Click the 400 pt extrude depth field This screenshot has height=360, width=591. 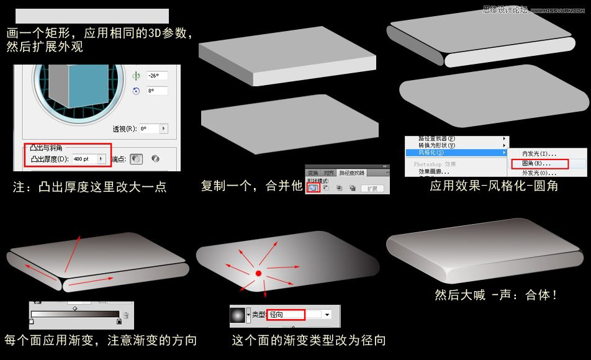click(x=83, y=160)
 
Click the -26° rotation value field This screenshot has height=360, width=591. click(x=157, y=76)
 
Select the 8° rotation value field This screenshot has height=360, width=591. click(x=157, y=91)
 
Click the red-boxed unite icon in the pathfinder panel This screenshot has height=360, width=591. click(x=314, y=187)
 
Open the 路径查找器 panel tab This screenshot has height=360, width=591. click(x=352, y=173)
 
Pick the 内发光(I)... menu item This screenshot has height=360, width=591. click(x=539, y=153)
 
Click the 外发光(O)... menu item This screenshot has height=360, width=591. click(x=539, y=173)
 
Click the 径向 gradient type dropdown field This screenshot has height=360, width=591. click(x=286, y=315)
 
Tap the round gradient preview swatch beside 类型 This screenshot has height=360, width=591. click(x=238, y=315)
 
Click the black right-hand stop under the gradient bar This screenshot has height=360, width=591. click(x=119, y=322)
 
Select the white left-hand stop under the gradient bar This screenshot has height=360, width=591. click(x=32, y=322)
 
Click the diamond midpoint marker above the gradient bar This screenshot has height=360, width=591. click(x=75, y=308)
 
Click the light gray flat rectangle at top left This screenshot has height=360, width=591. click(x=91, y=16)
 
